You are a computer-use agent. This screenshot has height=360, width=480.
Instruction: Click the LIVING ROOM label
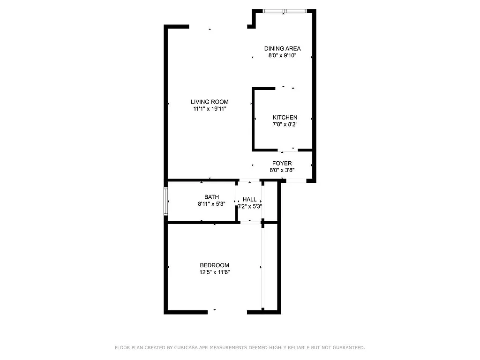[x=210, y=102]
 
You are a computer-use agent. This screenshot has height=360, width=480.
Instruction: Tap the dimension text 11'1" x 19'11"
[x=210, y=109]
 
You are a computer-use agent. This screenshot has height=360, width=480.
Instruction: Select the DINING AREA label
[x=282, y=48]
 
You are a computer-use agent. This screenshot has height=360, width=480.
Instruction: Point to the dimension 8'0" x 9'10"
[x=282, y=56]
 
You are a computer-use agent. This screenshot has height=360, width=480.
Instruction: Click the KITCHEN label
[x=285, y=117]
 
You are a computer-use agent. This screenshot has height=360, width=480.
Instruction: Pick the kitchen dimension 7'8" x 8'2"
[x=285, y=125]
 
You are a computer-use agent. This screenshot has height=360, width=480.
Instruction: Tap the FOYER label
[x=282, y=163]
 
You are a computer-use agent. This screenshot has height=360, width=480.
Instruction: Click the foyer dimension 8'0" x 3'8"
[x=282, y=171]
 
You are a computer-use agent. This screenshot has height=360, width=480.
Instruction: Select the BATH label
[x=211, y=197]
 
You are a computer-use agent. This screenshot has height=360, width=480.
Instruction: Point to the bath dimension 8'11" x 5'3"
[x=211, y=204]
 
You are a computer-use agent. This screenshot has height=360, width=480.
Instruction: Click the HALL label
[x=249, y=199]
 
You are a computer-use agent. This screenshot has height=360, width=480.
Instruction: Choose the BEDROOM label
[x=214, y=265]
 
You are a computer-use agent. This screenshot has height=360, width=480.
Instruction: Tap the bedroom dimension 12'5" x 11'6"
[x=214, y=272]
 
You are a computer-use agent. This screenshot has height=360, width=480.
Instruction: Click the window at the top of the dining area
[x=285, y=11]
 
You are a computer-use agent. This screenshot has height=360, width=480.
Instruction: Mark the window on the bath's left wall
[x=165, y=202]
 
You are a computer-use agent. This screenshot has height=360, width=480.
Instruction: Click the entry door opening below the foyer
[x=296, y=180]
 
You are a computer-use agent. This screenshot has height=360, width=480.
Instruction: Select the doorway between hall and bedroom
[x=250, y=222]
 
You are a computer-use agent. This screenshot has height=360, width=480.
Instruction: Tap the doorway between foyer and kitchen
[x=288, y=150]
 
